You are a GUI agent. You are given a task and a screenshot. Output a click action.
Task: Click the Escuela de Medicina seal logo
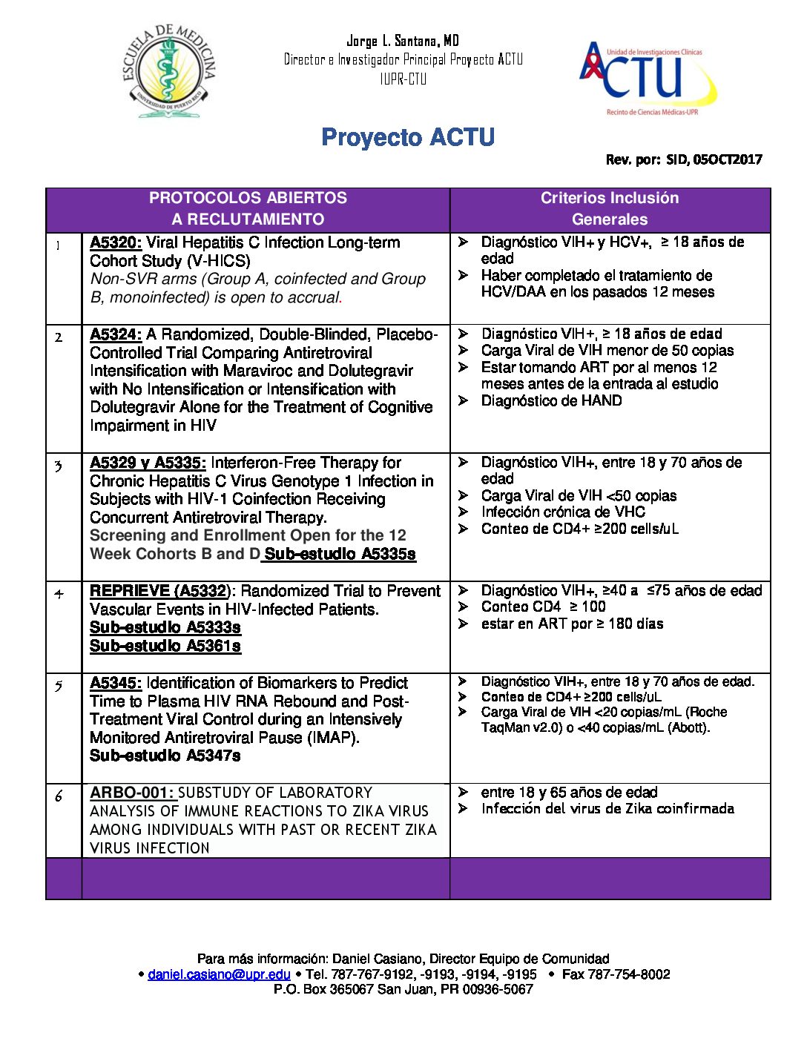coord(169,71)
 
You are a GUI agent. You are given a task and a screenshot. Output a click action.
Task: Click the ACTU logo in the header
coord(648,77)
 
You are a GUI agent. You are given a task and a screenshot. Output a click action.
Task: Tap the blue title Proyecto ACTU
coord(408,137)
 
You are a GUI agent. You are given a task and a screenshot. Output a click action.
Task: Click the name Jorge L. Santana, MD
coord(403,41)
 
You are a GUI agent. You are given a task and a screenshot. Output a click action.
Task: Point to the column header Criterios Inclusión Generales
coord(610,208)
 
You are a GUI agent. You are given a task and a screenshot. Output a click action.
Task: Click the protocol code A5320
coord(115,242)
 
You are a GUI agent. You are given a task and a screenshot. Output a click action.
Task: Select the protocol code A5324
coord(115,334)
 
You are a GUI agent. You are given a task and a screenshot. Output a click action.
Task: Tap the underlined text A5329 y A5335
coord(148,463)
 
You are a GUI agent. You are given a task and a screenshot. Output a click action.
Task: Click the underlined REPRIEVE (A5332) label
coord(158,591)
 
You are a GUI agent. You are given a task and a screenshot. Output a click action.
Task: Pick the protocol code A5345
coord(115,683)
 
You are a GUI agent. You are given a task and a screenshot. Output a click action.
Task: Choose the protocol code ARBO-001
coord(131,793)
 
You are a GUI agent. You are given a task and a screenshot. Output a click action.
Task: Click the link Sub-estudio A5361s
coord(165,646)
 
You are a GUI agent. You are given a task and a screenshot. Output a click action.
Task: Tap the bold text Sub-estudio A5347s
coord(165,756)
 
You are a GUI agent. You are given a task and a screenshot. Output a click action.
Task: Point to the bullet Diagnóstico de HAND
coord(551,400)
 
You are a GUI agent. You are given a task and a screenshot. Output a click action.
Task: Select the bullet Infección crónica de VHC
coord(563,512)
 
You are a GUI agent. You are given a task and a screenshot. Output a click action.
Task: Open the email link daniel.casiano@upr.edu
coord(219,974)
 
